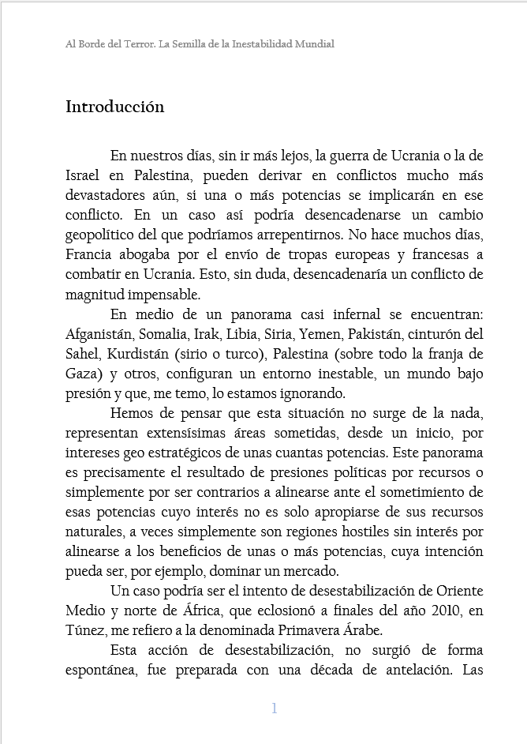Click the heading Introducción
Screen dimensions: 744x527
[x=114, y=107]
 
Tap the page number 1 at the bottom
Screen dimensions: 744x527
[x=274, y=708]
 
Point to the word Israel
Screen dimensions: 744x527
[x=83, y=175]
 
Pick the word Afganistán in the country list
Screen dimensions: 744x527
[x=99, y=334]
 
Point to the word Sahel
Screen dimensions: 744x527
[x=82, y=354]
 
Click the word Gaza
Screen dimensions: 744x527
[x=81, y=374]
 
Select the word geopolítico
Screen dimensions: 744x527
[x=106, y=235]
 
